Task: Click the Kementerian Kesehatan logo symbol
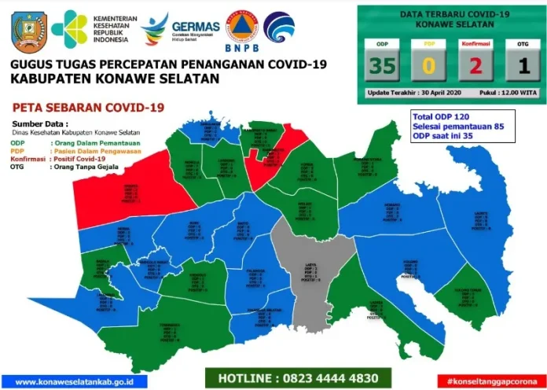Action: click(68, 29)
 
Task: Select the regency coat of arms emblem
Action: click(29, 31)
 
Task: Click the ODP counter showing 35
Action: click(383, 66)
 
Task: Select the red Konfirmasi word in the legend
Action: click(27, 158)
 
